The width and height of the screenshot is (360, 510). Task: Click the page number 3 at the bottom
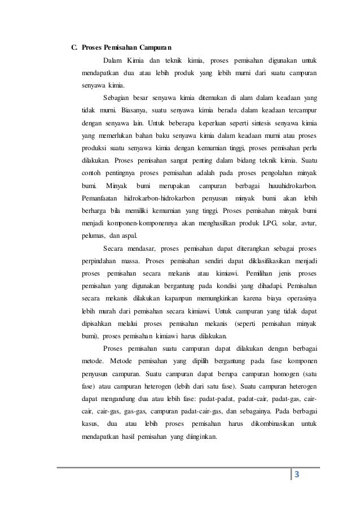(298, 473)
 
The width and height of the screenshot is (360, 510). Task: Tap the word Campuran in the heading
(154, 46)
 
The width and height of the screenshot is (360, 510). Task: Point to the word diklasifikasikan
(264, 261)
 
